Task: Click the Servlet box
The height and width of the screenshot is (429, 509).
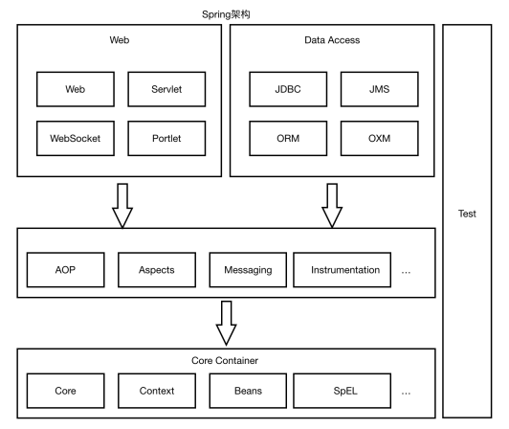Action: (x=166, y=89)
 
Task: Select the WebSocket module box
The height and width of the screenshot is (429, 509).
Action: (x=76, y=139)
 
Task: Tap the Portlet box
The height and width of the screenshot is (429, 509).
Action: (x=166, y=139)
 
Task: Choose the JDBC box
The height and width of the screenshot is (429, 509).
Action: (x=288, y=89)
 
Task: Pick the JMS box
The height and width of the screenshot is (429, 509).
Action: (x=380, y=89)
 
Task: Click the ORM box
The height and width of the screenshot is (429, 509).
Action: (x=288, y=139)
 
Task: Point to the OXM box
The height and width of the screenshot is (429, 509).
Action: (x=380, y=139)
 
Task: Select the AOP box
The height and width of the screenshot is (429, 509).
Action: (x=66, y=270)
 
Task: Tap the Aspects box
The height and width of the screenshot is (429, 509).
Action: (x=157, y=270)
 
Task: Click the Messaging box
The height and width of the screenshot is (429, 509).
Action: (x=248, y=270)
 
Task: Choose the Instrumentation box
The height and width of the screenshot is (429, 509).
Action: (x=343, y=270)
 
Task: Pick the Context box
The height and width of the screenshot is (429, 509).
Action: (x=157, y=391)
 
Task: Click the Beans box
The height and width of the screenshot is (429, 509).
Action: (x=248, y=391)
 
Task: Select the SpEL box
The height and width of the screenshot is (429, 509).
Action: (x=343, y=391)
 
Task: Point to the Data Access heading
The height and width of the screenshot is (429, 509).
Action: (x=332, y=40)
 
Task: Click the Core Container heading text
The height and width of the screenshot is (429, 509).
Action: (x=225, y=360)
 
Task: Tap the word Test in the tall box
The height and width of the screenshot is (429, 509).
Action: (x=467, y=214)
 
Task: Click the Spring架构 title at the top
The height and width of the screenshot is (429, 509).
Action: (x=226, y=14)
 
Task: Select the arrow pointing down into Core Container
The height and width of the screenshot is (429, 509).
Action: (x=226, y=323)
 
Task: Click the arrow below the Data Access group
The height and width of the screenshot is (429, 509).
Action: (x=332, y=206)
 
